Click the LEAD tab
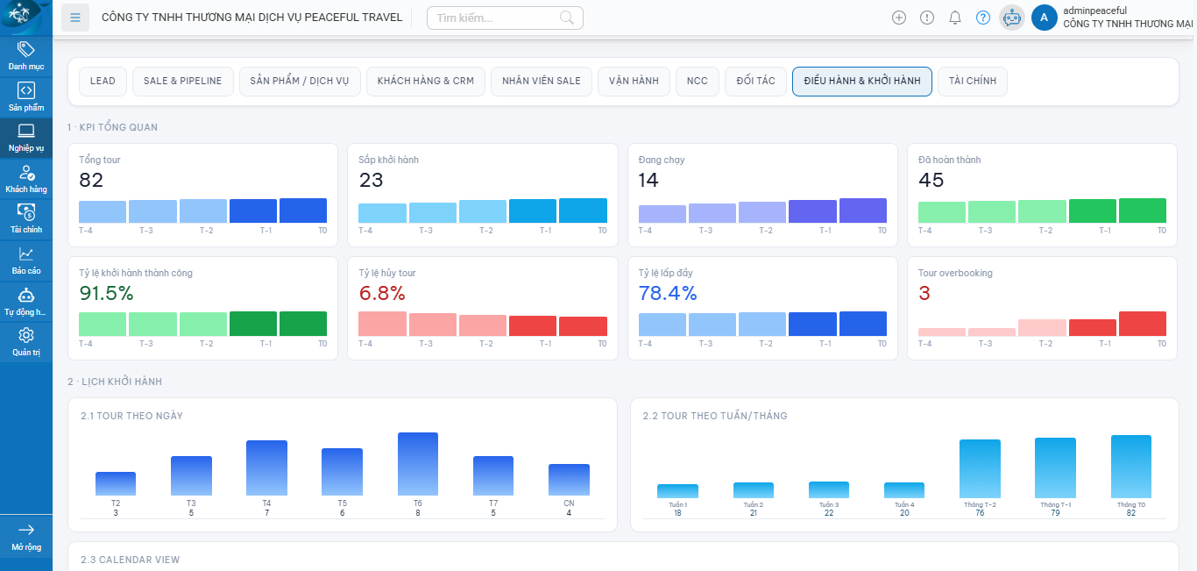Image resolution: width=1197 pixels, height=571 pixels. [x=103, y=81]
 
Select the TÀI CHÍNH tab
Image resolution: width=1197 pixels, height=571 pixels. [x=973, y=81]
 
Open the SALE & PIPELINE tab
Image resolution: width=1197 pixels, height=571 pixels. [x=183, y=81]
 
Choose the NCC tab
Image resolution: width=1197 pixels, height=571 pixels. [x=697, y=81]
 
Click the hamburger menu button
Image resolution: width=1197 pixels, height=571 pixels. [x=75, y=18]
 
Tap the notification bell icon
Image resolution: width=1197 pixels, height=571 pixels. [x=955, y=18]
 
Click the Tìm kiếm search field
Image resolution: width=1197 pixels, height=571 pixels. [x=495, y=18]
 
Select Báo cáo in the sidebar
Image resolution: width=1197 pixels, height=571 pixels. [x=26, y=261]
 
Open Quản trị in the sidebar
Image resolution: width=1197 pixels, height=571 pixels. [x=26, y=341]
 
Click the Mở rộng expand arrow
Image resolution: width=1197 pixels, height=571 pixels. [x=26, y=530]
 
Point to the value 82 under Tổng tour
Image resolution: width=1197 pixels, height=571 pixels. [x=91, y=181]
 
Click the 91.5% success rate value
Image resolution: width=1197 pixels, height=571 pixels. [x=106, y=294]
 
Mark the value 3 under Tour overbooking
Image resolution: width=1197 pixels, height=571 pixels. [x=924, y=294]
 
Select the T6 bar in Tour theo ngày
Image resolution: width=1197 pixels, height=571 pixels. [x=418, y=464]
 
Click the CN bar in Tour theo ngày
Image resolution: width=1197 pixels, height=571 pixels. [x=569, y=480]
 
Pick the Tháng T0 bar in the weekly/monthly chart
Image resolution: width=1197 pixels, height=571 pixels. [x=1130, y=467]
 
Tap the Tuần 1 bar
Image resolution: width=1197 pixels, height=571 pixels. [x=677, y=491]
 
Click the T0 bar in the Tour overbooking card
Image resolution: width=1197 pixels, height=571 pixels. [x=1142, y=324]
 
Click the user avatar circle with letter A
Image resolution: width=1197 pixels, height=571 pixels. [x=1044, y=18]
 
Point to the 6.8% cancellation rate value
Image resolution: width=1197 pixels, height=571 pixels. [x=382, y=294]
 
